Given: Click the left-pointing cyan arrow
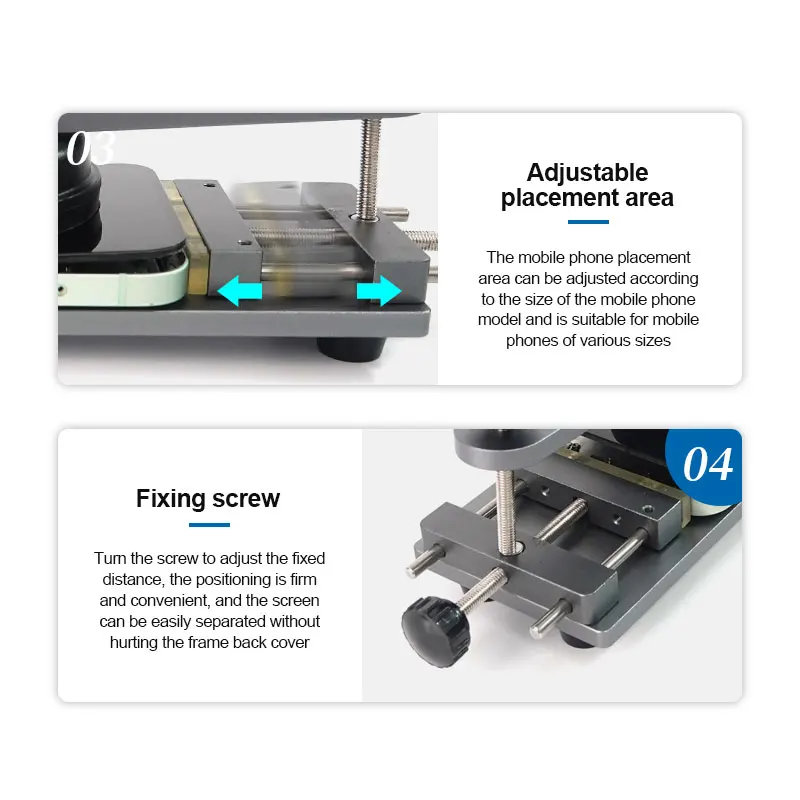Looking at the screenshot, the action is (x=239, y=291).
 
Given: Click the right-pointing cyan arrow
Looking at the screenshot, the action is (x=379, y=291).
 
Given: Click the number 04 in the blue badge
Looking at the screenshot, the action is (x=708, y=465).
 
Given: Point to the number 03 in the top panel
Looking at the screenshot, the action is (x=90, y=148).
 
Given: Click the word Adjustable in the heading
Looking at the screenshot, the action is (x=587, y=172).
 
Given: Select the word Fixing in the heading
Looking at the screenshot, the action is (x=170, y=498).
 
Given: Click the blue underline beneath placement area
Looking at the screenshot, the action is (x=588, y=222).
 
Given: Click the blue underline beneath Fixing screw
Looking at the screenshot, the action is (x=209, y=524).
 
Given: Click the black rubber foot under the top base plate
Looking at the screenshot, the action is (x=351, y=348).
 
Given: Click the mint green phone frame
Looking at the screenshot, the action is (x=121, y=286).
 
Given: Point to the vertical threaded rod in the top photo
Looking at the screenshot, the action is (x=369, y=169).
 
